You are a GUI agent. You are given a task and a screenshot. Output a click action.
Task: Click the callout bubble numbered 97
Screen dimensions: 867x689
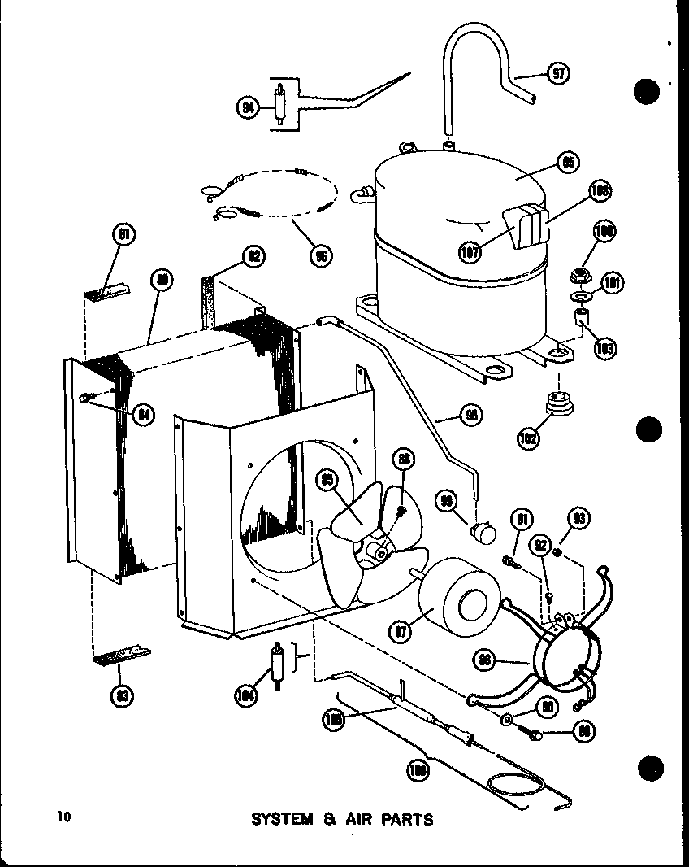pos(558,73)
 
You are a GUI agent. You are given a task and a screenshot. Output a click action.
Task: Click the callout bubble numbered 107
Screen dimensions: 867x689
pos(470,251)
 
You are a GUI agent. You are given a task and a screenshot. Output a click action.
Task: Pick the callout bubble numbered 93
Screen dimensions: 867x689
pos(580,519)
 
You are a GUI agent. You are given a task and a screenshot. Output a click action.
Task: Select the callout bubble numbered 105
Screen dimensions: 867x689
pos(333,718)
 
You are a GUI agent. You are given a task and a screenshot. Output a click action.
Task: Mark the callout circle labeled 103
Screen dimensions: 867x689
pos(604,348)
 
